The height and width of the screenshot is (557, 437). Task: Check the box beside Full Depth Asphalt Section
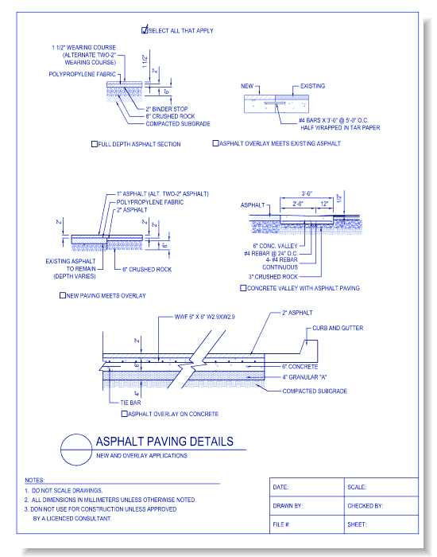pyautogui.click(x=95, y=144)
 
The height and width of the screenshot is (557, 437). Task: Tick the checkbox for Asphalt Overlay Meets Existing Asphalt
pyautogui.click(x=215, y=143)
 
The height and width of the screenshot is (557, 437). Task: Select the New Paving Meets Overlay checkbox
pyautogui.click(x=63, y=294)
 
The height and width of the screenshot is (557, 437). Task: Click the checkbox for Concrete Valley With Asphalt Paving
pyautogui.click(x=242, y=287)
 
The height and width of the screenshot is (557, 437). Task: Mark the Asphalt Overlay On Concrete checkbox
pyautogui.click(x=124, y=414)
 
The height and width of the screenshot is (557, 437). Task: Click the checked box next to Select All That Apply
pyautogui.click(x=145, y=30)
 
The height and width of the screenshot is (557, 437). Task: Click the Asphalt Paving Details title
pyautogui.click(x=164, y=442)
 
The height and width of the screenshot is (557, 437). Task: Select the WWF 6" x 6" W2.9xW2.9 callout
pyautogui.click(x=205, y=316)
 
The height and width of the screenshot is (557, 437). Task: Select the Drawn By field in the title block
pyautogui.click(x=288, y=505)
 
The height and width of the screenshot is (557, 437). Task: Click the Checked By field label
pyautogui.click(x=365, y=505)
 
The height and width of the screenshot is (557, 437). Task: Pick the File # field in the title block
pyautogui.click(x=281, y=524)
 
